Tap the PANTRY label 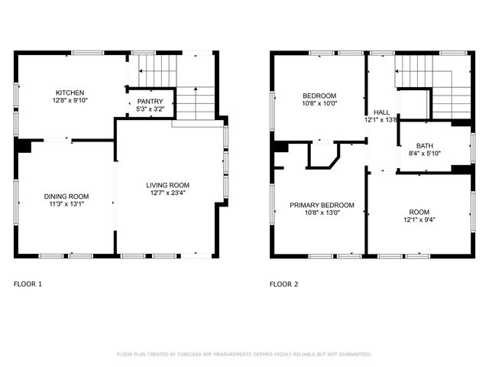[x=150, y=101]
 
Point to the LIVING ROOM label [x=168, y=185]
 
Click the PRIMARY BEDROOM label [x=321, y=205]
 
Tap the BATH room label [x=425, y=146]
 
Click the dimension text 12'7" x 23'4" [x=168, y=193]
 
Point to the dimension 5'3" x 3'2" [x=150, y=109]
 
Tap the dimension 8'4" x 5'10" [x=425, y=154]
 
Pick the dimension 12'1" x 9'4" [x=419, y=219]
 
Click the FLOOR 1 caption [x=28, y=284]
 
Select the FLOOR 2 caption [x=284, y=284]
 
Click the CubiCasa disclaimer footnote [x=244, y=354]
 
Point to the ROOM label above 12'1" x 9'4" [x=419, y=212]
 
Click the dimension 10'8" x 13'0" [x=321, y=213]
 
